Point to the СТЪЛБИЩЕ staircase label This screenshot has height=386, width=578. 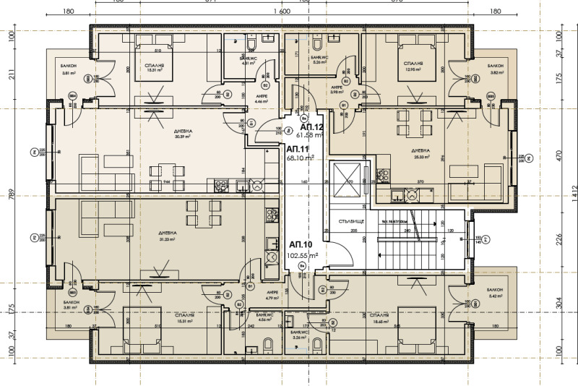[350, 223]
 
